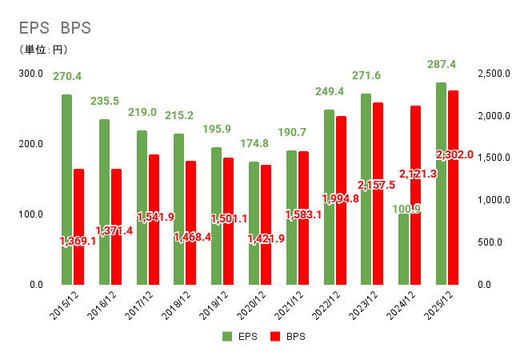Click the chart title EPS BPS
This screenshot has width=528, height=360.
point(55,27)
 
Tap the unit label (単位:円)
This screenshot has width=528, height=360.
point(43,50)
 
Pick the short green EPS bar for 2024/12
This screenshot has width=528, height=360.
point(403,249)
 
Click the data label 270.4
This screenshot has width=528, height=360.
point(66,77)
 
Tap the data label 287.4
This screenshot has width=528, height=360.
point(441,64)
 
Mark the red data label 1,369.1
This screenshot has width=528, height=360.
point(78,241)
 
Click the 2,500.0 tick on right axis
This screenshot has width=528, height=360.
point(494,74)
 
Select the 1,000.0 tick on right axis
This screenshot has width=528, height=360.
point(494,200)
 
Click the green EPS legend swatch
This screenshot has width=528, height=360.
point(227,337)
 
